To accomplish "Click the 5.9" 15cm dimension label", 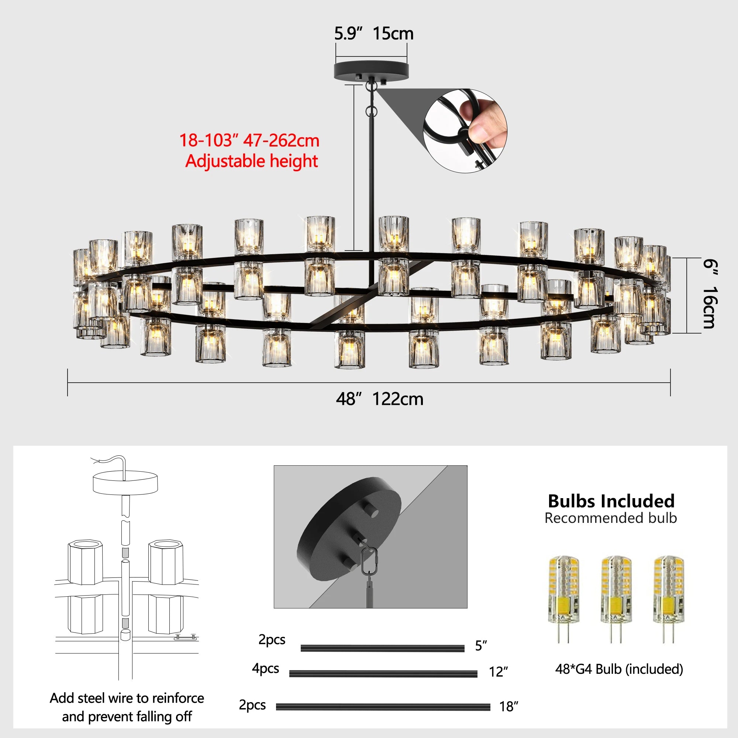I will tap(373, 34).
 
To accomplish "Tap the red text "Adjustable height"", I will tap(251, 161).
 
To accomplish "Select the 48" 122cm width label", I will tap(379, 399).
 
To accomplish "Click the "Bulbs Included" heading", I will tap(611, 501).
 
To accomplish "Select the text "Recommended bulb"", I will tap(610, 518).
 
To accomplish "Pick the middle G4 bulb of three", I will tap(615, 599).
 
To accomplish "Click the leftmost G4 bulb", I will tap(564, 599).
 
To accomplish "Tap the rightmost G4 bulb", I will tap(668, 599).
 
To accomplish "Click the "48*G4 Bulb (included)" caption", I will tap(619, 669).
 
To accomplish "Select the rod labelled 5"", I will tap(382, 648).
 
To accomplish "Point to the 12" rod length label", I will tap(498, 672).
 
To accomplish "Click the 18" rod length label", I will tap(508, 707).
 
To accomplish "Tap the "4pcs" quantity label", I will tap(265, 668).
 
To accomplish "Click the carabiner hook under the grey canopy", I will tap(369, 561).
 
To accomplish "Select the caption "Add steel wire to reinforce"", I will tap(127, 698).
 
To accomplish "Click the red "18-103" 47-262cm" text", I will tap(249, 140).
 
